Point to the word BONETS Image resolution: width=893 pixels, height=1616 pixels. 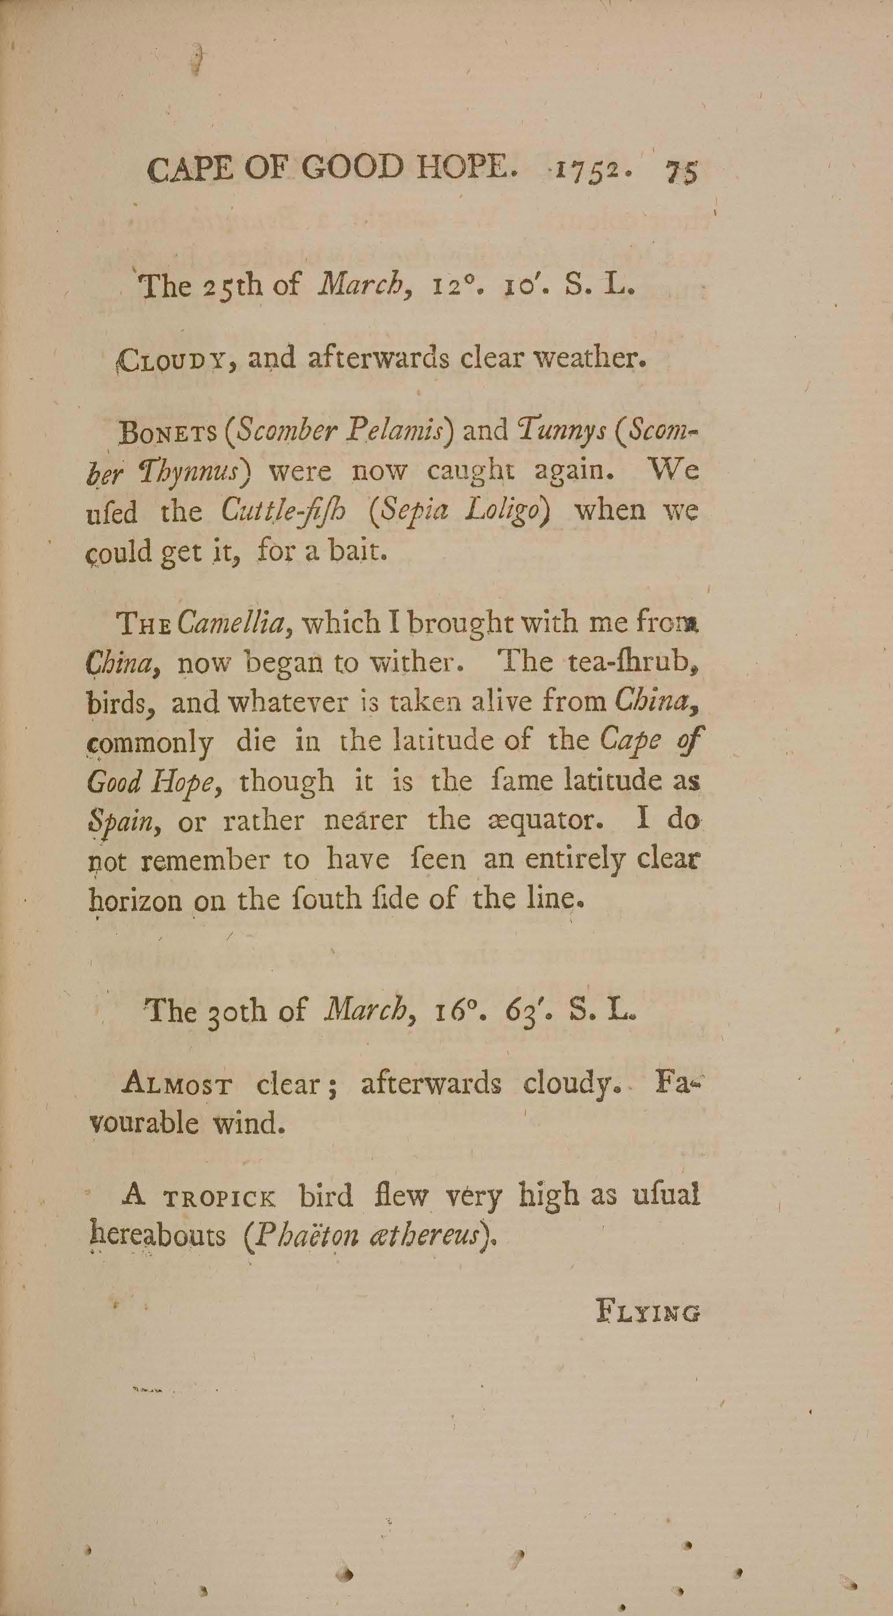point(168,432)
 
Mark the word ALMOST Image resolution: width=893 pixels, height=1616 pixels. point(178,1083)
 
